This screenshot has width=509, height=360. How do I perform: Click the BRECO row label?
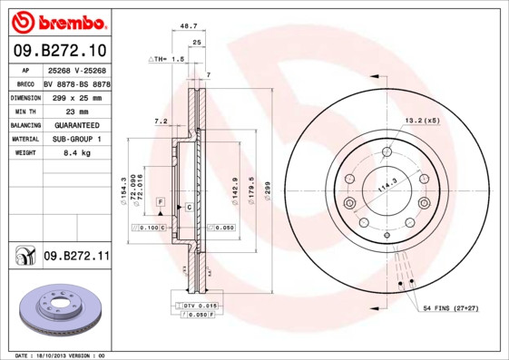tap(26, 83)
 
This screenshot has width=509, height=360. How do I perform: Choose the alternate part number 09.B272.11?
tap(76, 257)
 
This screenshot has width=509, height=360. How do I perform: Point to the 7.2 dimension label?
tap(162, 121)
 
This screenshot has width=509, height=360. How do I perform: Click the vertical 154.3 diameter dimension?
tap(122, 190)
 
